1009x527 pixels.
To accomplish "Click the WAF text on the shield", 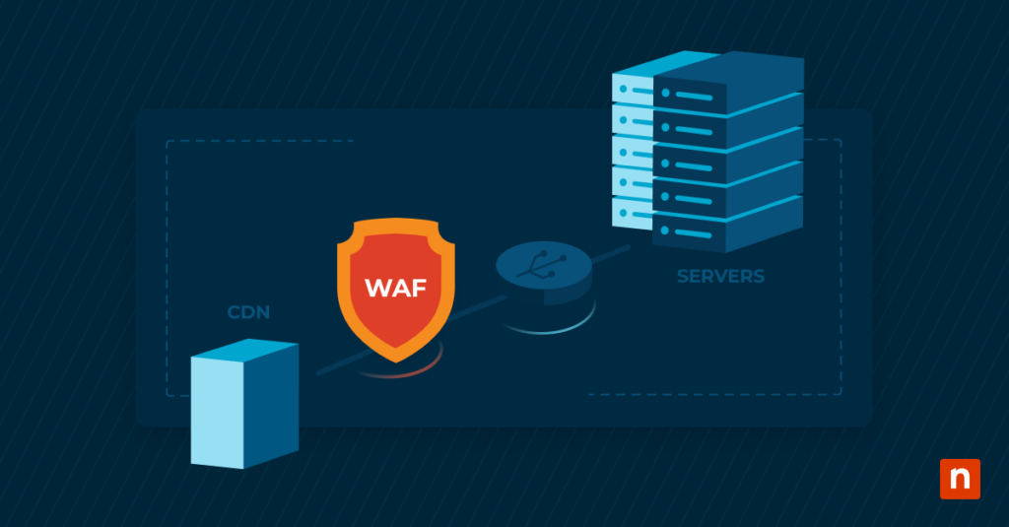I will [x=394, y=288].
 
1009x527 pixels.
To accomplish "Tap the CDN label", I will [x=248, y=313].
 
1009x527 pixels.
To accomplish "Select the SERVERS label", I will [x=720, y=276].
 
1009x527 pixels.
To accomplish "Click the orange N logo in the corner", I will [x=960, y=479].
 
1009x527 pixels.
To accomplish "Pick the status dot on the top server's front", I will [x=666, y=93].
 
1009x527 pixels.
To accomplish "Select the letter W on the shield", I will [x=376, y=288].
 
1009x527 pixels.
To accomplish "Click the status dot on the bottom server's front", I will [x=666, y=231].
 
